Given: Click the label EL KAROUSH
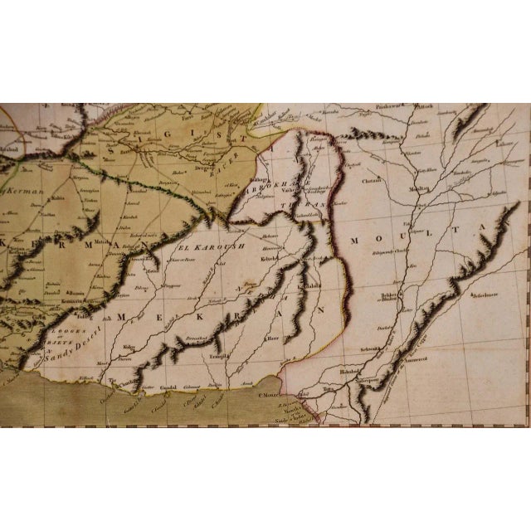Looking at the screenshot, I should pyautogui.click(x=204, y=246).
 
